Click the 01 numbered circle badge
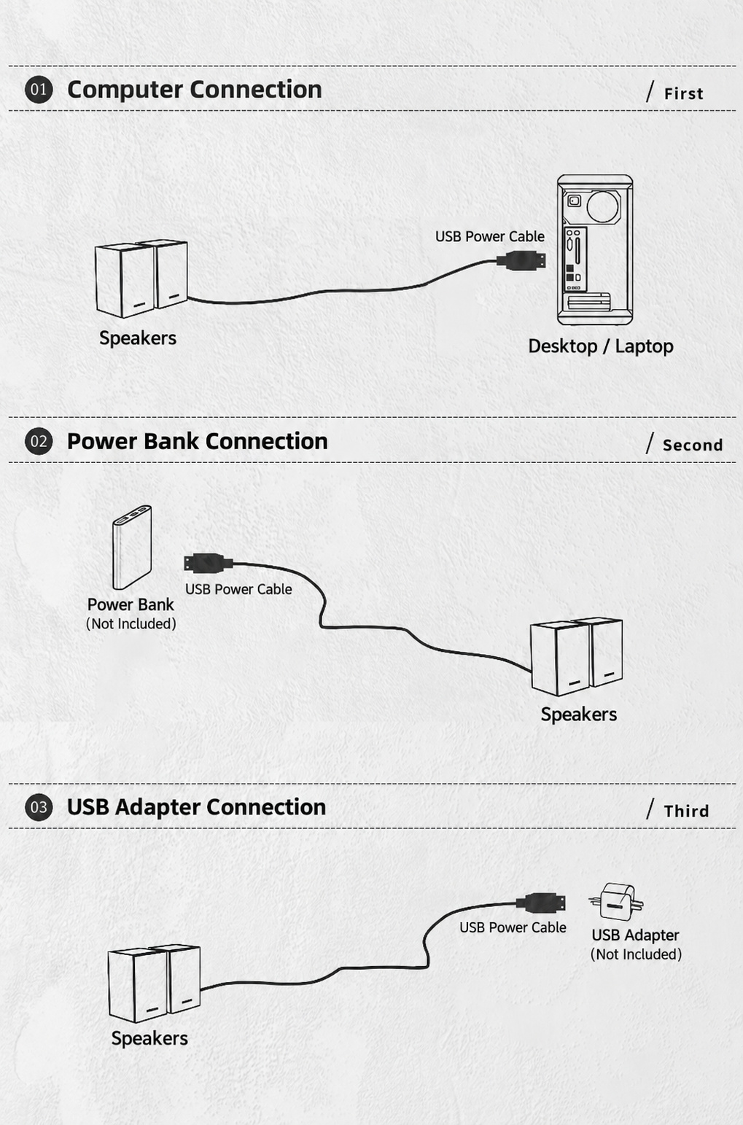[x=39, y=90]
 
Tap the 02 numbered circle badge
[x=39, y=441]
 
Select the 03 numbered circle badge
[x=39, y=807]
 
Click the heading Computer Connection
[x=195, y=90]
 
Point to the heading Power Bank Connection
[x=198, y=441]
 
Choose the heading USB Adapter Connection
[x=196, y=807]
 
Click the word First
[x=683, y=93]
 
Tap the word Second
[x=693, y=445]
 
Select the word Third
[x=686, y=811]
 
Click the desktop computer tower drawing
[x=595, y=249]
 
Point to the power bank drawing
[x=132, y=548]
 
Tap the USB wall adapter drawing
[x=616, y=902]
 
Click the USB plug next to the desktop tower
[x=521, y=261]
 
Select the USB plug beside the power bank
[x=209, y=563]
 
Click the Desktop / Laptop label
[x=601, y=346]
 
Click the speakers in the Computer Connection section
[x=141, y=279]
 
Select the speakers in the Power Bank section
[x=577, y=656]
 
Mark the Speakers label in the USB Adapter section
[x=149, y=1038]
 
